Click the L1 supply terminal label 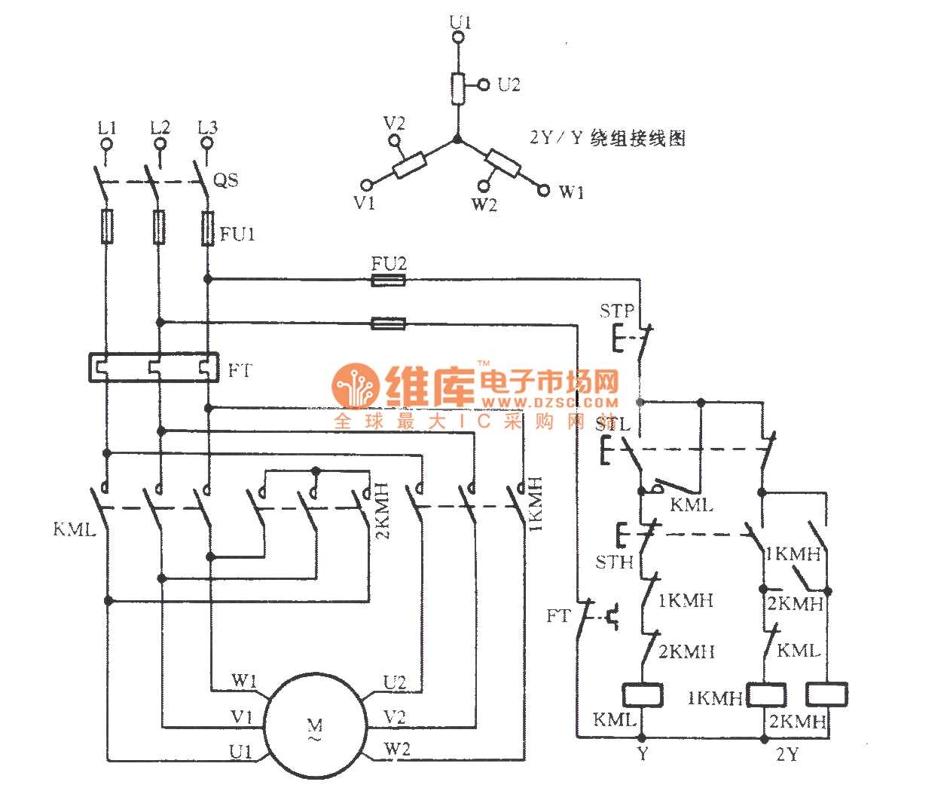106,127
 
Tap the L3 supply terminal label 206,127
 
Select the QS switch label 226,179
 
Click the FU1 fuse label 237,235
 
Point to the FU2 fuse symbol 389,281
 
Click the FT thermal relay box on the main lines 154,367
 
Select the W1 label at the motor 244,681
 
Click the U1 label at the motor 241,752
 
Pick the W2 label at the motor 397,749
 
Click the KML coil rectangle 642,694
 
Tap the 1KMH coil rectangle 765,694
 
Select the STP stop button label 616,310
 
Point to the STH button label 614,562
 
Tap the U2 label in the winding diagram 509,84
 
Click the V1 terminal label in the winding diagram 365,203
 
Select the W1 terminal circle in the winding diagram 543,190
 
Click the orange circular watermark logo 356,386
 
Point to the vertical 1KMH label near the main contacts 536,503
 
